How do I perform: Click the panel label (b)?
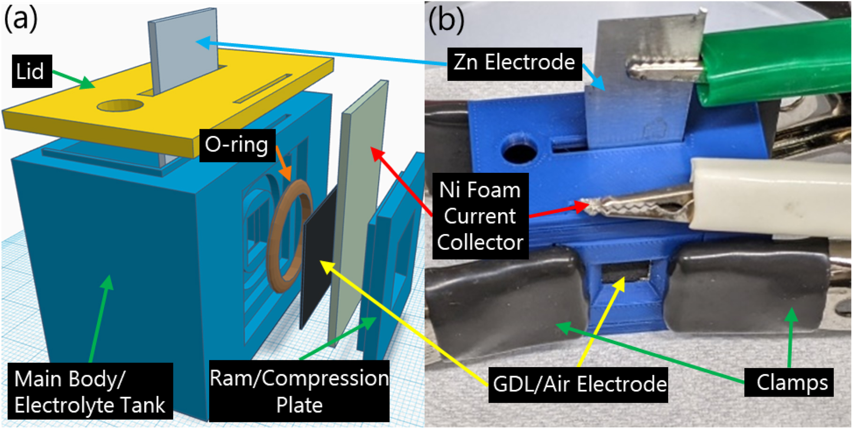coord(446,20)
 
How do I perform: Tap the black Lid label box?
coord(31,71)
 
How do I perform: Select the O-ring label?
coord(237,145)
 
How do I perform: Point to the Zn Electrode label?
coord(514,63)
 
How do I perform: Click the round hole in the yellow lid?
coord(120,105)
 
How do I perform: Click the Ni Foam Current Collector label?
coord(480,216)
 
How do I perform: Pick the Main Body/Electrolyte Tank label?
coord(90,392)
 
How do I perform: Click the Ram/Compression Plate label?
coord(299,392)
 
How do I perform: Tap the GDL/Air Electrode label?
coord(579,385)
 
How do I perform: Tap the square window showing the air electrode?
coord(626,273)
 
